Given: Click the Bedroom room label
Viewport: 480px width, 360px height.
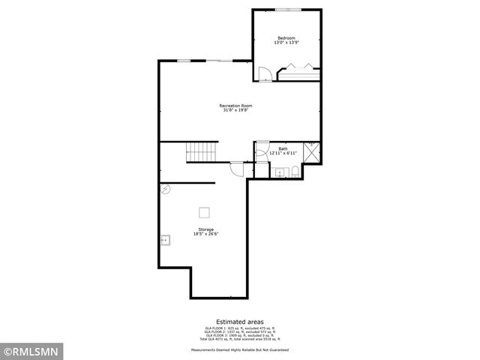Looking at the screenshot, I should click(286, 38).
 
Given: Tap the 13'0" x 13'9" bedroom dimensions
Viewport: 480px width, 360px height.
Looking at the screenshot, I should click(286, 43).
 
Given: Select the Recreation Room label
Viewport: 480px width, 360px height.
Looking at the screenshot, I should click(235, 106).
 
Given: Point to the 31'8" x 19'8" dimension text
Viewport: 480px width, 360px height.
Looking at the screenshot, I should click(235, 111).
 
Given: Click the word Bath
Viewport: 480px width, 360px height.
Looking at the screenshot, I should click(283, 148).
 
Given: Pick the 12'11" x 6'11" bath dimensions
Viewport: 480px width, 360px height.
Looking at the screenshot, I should click(283, 153).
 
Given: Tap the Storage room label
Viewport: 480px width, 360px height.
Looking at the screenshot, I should click(206, 229).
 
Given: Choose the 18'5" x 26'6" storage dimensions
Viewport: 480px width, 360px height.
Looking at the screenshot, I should click(206, 234).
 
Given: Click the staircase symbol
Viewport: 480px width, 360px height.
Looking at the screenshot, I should click(201, 153).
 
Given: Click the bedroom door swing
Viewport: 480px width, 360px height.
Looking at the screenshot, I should click(264, 73).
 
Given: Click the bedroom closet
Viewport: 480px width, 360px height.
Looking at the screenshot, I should click(300, 73).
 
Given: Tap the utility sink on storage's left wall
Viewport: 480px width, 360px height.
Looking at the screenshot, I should click(165, 240).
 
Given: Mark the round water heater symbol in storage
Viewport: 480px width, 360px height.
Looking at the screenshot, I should click(166, 190).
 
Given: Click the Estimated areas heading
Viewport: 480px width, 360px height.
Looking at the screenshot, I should click(240, 321).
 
